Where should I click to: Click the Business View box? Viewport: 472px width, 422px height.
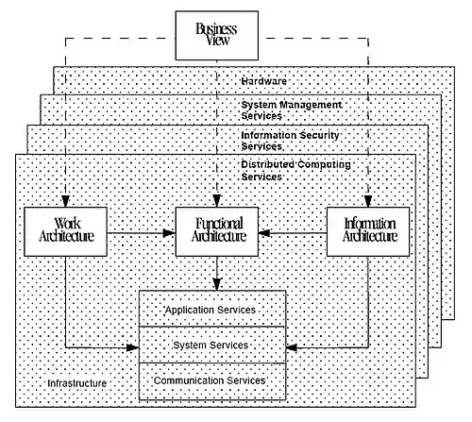tap(217, 36)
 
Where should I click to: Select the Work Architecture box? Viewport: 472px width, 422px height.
tap(65, 231)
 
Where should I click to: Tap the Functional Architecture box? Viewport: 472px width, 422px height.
tap(217, 231)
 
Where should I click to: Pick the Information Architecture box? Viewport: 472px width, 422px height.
tap(368, 231)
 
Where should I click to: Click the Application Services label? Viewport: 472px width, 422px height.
tap(211, 310)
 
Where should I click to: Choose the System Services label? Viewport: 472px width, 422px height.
tap(211, 346)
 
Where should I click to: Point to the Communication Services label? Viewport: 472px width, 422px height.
tap(210, 380)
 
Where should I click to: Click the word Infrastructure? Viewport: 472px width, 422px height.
tap(77, 383)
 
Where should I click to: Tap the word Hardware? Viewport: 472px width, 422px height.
tap(264, 81)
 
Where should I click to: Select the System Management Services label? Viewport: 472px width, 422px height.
tap(292, 110)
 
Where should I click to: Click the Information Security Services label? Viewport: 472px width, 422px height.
tap(290, 141)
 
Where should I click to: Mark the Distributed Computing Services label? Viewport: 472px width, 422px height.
tap(295, 171)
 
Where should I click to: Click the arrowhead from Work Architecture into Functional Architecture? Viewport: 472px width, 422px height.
tap(169, 233)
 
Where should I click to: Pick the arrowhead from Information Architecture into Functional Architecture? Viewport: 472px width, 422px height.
tap(264, 233)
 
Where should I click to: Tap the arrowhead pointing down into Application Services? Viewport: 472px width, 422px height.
tap(217, 284)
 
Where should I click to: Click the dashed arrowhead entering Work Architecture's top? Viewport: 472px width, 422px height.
tap(65, 201)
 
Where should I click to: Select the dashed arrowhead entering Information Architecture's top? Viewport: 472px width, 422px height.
tap(368, 201)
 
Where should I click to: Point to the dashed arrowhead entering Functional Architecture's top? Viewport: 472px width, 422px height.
tap(217, 201)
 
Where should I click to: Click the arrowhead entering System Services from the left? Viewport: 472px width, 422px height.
tap(133, 347)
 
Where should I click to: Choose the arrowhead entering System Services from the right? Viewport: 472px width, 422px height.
tap(293, 347)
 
